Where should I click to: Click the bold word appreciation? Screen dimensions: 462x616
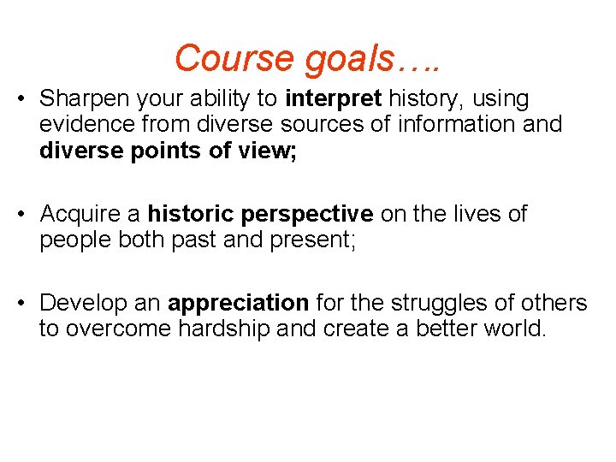[x=239, y=303]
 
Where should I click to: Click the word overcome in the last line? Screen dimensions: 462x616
[x=121, y=328]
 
